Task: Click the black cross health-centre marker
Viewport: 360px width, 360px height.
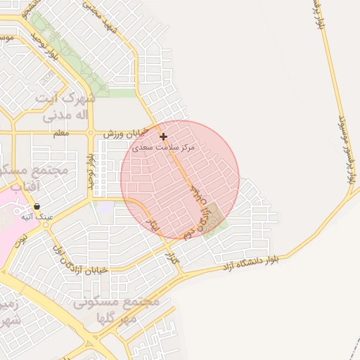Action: pos(164,136)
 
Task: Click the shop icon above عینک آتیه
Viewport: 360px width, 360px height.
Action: pos(36,206)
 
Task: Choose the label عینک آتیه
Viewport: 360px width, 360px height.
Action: pos(38,217)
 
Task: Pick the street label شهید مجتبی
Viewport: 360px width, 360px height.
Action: pos(101,18)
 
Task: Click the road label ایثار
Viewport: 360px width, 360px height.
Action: pos(152,224)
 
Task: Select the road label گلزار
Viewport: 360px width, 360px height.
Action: pos(171,259)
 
